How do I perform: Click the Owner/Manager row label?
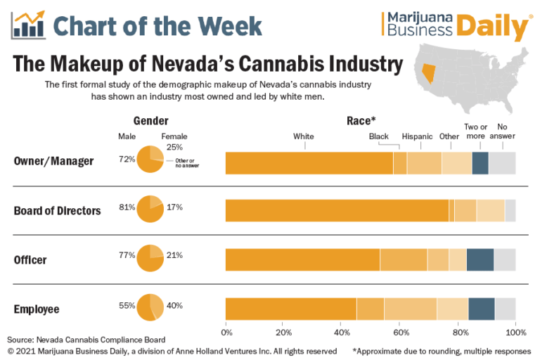pos(53,161)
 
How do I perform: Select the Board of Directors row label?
pos(58,210)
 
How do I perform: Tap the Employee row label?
pos(37,309)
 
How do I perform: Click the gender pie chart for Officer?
pos(150,257)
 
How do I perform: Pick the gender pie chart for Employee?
pos(150,307)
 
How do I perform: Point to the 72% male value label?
pos(127,159)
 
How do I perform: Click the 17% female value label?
pos(175,207)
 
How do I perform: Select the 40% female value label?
pos(175,306)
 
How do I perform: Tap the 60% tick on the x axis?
pos(400,331)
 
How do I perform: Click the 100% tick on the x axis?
pos(515,331)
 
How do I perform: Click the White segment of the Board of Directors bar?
pos(337,211)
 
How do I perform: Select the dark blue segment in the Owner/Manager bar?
pos(480,162)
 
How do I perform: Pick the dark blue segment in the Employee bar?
pos(482,309)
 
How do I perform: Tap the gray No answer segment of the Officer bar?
pos(505,260)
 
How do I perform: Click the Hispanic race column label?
pos(417,136)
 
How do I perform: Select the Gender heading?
pos(151,120)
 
